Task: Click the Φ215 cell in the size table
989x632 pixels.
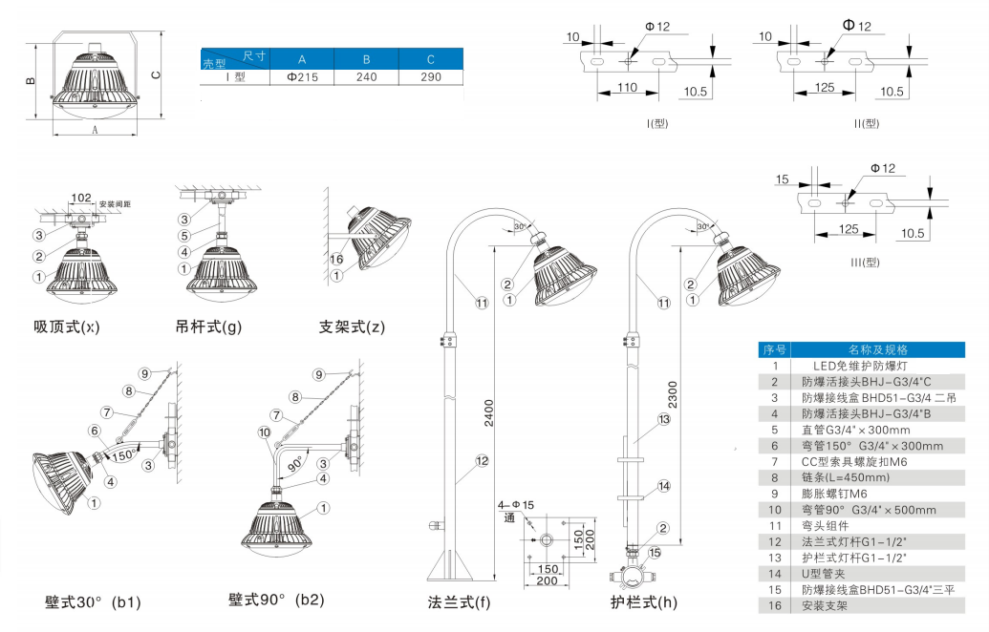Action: [x=301, y=77]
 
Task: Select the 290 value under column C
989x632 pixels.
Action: [x=431, y=77]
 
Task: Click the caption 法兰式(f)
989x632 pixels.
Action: [x=459, y=602]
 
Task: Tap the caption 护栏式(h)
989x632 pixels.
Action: [x=644, y=602]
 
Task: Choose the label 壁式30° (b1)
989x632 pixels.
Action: [x=93, y=602]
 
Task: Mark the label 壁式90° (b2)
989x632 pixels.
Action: [x=276, y=600]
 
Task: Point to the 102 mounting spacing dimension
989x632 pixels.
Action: [x=80, y=199]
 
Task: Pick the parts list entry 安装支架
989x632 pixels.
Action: [x=824, y=605]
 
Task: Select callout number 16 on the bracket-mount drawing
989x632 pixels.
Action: [x=336, y=259]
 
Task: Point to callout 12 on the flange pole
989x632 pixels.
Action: [x=483, y=461]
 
